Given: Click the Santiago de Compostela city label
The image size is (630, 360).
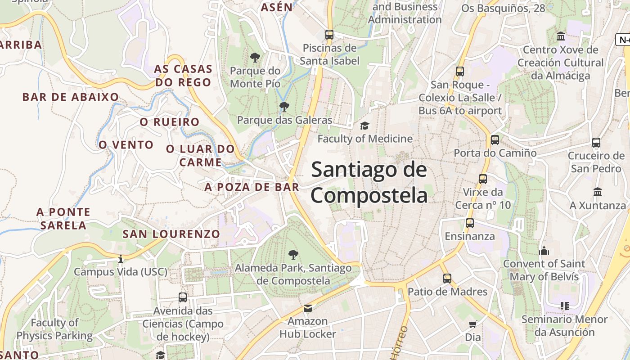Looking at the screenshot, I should point(369,183).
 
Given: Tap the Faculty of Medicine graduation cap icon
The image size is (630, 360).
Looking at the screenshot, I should point(364,126).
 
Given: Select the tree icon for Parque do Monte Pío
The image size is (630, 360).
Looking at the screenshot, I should point(255,58).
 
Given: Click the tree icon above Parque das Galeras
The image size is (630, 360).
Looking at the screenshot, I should point(284,107).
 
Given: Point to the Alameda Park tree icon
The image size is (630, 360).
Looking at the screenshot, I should point(293,255).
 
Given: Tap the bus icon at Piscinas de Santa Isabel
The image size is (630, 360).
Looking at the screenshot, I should point(329,34).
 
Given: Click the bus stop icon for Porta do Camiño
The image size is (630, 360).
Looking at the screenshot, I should point(495,140).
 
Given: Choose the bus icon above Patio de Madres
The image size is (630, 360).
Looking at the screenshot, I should point(447,279).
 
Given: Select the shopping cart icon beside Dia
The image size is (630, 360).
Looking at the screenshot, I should point(472,324).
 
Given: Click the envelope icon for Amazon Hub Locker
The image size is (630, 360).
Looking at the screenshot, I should point(308,308).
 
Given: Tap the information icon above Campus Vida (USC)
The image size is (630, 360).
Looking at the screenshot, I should point(120,259).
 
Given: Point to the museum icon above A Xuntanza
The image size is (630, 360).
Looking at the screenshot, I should point(598,192).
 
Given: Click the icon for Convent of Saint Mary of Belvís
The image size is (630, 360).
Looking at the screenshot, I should point(544,251).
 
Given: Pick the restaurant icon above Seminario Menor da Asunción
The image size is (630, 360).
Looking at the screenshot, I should point(565,306).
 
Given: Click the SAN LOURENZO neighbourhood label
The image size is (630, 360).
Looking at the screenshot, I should point(171,234).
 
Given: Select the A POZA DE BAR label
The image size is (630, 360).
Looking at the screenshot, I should point(252,187).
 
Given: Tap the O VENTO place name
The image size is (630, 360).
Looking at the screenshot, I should point(126,145).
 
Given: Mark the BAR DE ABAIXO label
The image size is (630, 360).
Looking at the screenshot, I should point(71,97).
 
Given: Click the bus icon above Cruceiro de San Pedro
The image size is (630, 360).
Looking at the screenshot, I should point(596,143).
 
